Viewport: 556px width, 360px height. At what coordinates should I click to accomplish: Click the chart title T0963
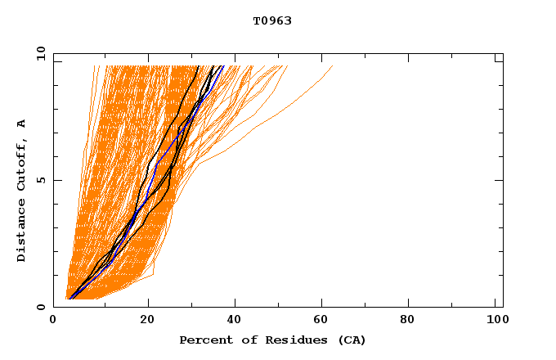click(272, 20)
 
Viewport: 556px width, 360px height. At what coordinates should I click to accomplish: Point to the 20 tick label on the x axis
click(147, 322)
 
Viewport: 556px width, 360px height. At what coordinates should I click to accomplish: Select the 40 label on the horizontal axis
click(235, 322)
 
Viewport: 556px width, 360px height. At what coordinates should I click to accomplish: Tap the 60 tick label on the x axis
click(324, 322)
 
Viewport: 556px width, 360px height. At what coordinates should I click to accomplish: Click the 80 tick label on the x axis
click(412, 322)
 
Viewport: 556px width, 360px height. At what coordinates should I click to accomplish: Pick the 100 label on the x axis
click(495, 322)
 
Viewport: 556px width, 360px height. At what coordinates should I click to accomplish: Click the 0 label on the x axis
click(54, 322)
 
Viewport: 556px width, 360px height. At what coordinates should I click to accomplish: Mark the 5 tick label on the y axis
click(40, 180)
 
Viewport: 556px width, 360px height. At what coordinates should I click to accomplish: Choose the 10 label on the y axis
click(38, 53)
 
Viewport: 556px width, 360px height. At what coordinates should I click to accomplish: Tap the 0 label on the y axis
click(40, 307)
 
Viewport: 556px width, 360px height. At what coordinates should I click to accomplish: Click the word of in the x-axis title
click(243, 340)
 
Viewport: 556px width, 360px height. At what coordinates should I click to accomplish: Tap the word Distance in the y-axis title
click(22, 232)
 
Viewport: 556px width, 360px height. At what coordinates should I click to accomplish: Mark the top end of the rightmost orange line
click(333, 66)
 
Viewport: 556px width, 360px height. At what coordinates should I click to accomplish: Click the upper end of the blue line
click(222, 66)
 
